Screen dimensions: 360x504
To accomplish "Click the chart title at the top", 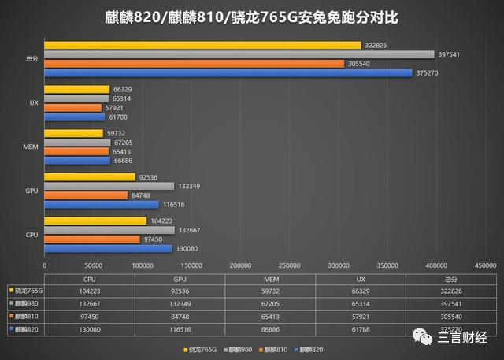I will point(251,17).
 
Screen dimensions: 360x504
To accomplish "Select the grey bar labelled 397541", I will point(239,54).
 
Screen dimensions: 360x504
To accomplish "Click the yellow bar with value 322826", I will point(202,46).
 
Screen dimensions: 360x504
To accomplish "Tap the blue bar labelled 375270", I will point(228,73).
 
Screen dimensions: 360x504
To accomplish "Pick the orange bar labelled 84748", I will point(86,195).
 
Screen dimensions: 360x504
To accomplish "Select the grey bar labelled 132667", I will point(109,230).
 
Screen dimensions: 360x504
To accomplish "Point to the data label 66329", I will point(122,90).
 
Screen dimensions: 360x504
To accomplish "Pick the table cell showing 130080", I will point(90,329).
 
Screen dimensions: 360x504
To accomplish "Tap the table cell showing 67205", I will point(270,303).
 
